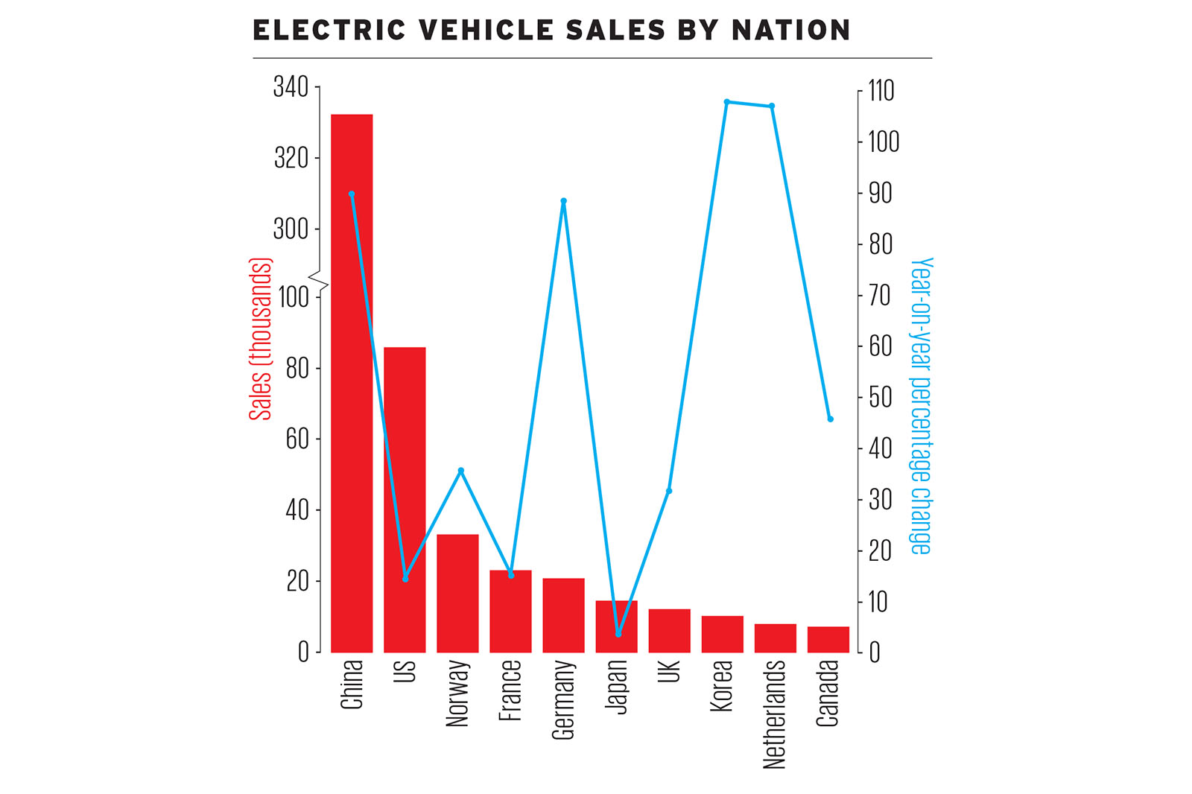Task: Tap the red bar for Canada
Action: (828, 640)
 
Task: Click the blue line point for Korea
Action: (726, 102)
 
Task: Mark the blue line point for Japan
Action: (618, 634)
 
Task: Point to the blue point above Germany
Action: (563, 201)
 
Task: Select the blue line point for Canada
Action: (831, 419)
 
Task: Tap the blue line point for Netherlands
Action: (772, 107)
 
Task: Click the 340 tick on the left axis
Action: (291, 87)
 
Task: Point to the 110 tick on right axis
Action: (881, 91)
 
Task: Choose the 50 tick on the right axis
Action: (880, 398)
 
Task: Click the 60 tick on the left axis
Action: (297, 439)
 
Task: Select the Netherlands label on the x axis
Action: (775, 714)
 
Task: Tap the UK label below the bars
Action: (669, 671)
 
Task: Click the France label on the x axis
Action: (510, 690)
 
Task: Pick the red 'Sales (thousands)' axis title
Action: (260, 339)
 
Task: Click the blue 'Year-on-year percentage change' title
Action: (921, 406)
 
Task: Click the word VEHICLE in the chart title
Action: (485, 31)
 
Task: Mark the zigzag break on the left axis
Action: (319, 282)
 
